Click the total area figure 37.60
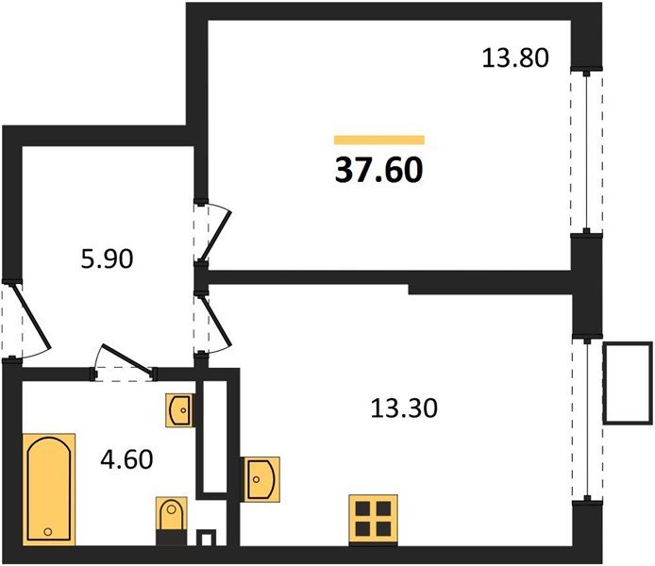(378, 171)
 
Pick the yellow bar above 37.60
(379, 140)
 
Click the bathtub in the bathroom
(50, 489)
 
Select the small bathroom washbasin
(179, 411)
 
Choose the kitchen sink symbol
(260, 477)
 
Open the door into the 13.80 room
(213, 232)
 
